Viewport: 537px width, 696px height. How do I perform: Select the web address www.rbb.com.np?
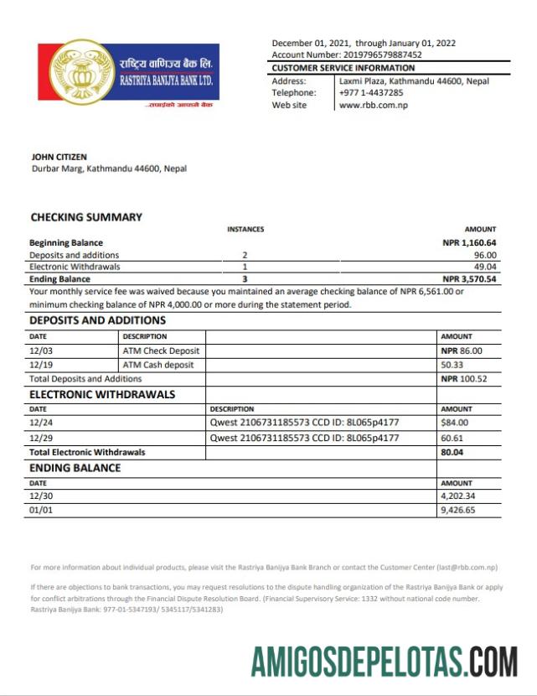(x=373, y=106)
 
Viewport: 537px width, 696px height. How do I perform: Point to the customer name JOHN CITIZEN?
(x=59, y=157)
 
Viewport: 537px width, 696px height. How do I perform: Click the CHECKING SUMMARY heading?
(x=86, y=217)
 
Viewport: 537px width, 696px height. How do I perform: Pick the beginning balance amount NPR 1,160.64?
(x=469, y=243)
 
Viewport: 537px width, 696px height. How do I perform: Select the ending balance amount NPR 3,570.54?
(x=469, y=279)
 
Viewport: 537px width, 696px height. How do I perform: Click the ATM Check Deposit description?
(x=162, y=351)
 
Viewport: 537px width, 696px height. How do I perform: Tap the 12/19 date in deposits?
(x=41, y=366)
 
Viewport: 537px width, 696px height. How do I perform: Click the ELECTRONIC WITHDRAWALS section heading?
(x=102, y=394)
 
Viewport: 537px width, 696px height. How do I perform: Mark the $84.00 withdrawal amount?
(x=454, y=423)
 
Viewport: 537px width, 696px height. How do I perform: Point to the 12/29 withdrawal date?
(x=41, y=438)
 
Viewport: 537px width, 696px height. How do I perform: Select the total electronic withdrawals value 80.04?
(x=452, y=452)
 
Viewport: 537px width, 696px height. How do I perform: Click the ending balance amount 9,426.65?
(x=457, y=510)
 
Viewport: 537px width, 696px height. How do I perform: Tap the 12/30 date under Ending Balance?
(x=41, y=496)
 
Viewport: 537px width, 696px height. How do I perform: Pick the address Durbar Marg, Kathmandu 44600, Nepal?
(x=109, y=169)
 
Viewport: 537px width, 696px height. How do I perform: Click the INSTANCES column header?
(x=245, y=229)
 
